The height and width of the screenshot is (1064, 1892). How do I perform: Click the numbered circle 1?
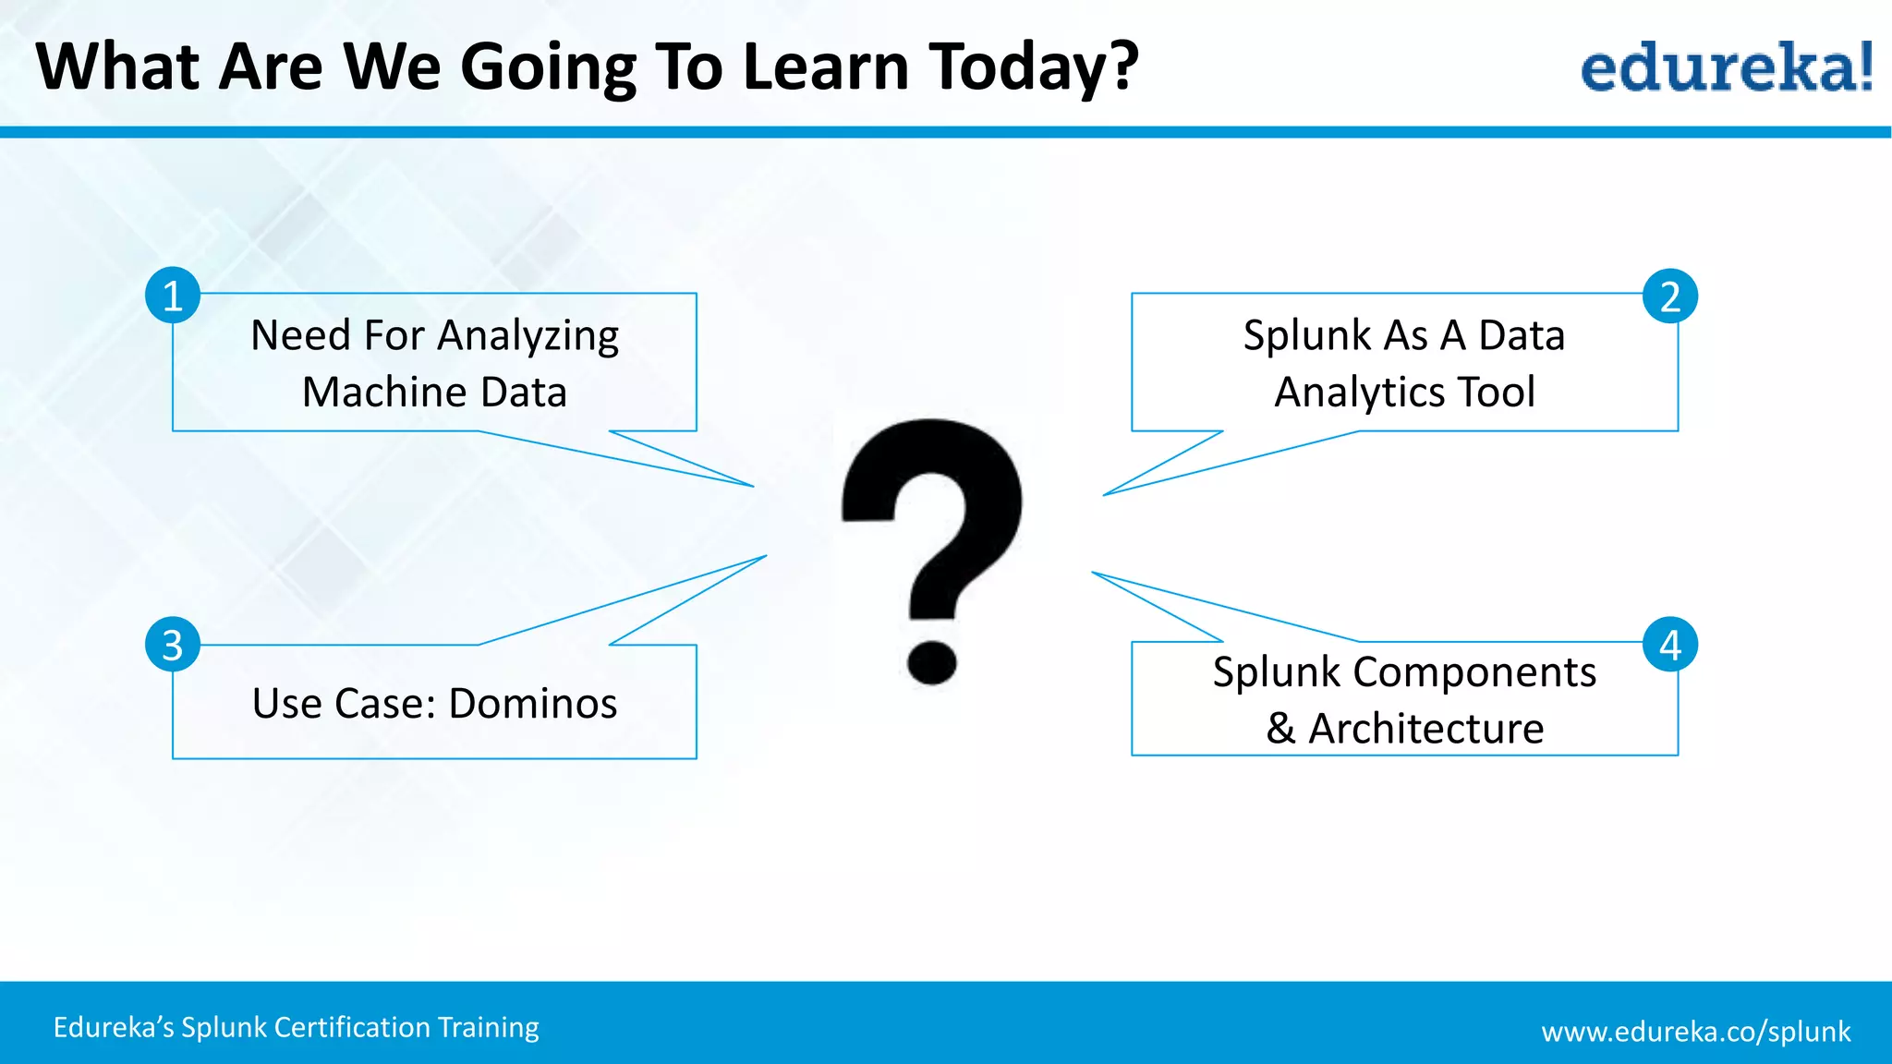[173, 296]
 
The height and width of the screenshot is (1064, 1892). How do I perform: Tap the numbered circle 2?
[1669, 296]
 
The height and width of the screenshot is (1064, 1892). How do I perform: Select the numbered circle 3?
[173, 645]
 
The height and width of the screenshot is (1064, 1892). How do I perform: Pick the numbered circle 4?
[1669, 644]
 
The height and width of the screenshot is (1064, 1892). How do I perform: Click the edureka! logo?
[1726, 67]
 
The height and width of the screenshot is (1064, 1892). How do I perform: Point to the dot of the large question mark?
[931, 661]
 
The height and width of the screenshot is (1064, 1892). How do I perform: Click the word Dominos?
[533, 704]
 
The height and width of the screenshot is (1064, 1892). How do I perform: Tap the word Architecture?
[1425, 729]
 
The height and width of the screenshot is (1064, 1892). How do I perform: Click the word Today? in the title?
[1035, 67]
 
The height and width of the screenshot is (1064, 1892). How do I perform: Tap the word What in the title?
[116, 67]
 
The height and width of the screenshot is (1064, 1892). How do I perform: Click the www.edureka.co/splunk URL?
[1695, 1031]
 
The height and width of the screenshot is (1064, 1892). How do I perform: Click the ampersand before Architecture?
[1280, 729]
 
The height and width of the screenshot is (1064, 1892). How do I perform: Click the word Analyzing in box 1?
[528, 336]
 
